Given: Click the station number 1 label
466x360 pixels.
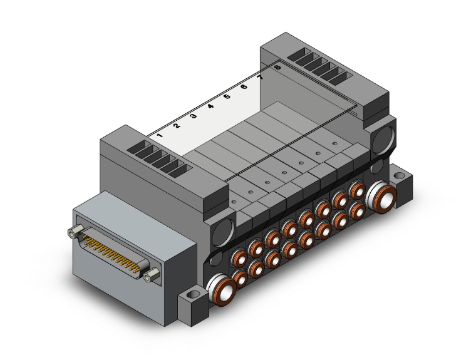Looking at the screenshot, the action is (x=160, y=135).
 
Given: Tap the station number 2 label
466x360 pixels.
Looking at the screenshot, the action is (x=177, y=126).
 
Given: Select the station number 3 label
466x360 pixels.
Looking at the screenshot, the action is (x=194, y=116).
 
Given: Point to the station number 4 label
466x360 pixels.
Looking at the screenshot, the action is (x=210, y=106).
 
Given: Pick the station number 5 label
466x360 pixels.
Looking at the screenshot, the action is (x=227, y=96).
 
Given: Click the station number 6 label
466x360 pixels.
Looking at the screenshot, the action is (x=244, y=87).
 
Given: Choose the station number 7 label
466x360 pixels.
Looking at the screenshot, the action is (x=261, y=77).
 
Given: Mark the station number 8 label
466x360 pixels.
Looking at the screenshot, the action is (x=277, y=67).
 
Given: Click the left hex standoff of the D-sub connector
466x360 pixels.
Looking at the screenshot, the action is (x=75, y=232).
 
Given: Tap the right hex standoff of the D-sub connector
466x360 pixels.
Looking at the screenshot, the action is (x=152, y=275).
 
